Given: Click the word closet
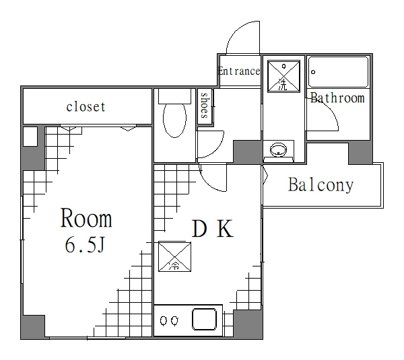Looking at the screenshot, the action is [86, 106].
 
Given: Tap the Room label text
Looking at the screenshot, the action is [86, 218].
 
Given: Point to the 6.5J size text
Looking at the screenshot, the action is [85, 245].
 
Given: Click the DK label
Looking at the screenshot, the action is [213, 228].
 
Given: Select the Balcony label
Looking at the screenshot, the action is [321, 184].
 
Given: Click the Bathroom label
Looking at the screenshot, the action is [337, 98].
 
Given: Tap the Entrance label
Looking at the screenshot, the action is [239, 71].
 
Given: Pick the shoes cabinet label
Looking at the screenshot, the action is [205, 106].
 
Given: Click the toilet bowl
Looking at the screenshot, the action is [174, 120].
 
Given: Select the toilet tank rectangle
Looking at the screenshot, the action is [174, 96].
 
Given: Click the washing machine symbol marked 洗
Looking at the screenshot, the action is [283, 76].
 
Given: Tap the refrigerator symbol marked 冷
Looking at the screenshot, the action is [174, 257].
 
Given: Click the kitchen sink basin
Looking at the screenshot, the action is [204, 319].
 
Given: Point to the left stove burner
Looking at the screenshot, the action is [164, 320].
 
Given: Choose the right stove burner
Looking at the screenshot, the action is [174, 320].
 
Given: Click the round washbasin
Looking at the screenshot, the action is [278, 149].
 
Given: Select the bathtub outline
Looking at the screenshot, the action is [338, 72].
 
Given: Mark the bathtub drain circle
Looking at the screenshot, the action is [313, 72].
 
